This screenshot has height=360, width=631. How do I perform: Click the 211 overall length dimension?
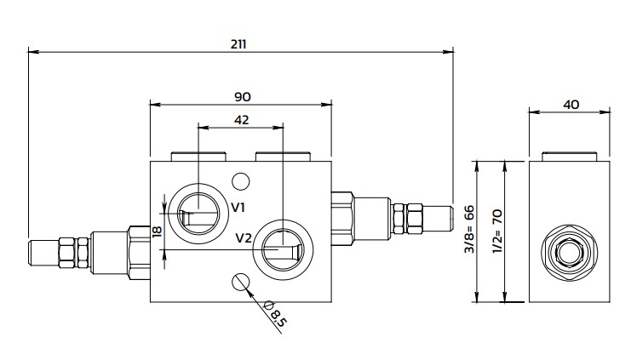(238, 43)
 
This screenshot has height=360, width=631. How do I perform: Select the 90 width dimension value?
(240, 96)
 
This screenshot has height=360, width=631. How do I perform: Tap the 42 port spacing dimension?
(240, 120)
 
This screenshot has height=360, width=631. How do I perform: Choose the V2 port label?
(243, 237)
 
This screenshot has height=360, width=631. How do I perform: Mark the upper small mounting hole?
(241, 180)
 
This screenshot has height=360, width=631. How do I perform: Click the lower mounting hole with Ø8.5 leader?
(241, 282)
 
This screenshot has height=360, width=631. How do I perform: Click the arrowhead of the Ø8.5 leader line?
(248, 289)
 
